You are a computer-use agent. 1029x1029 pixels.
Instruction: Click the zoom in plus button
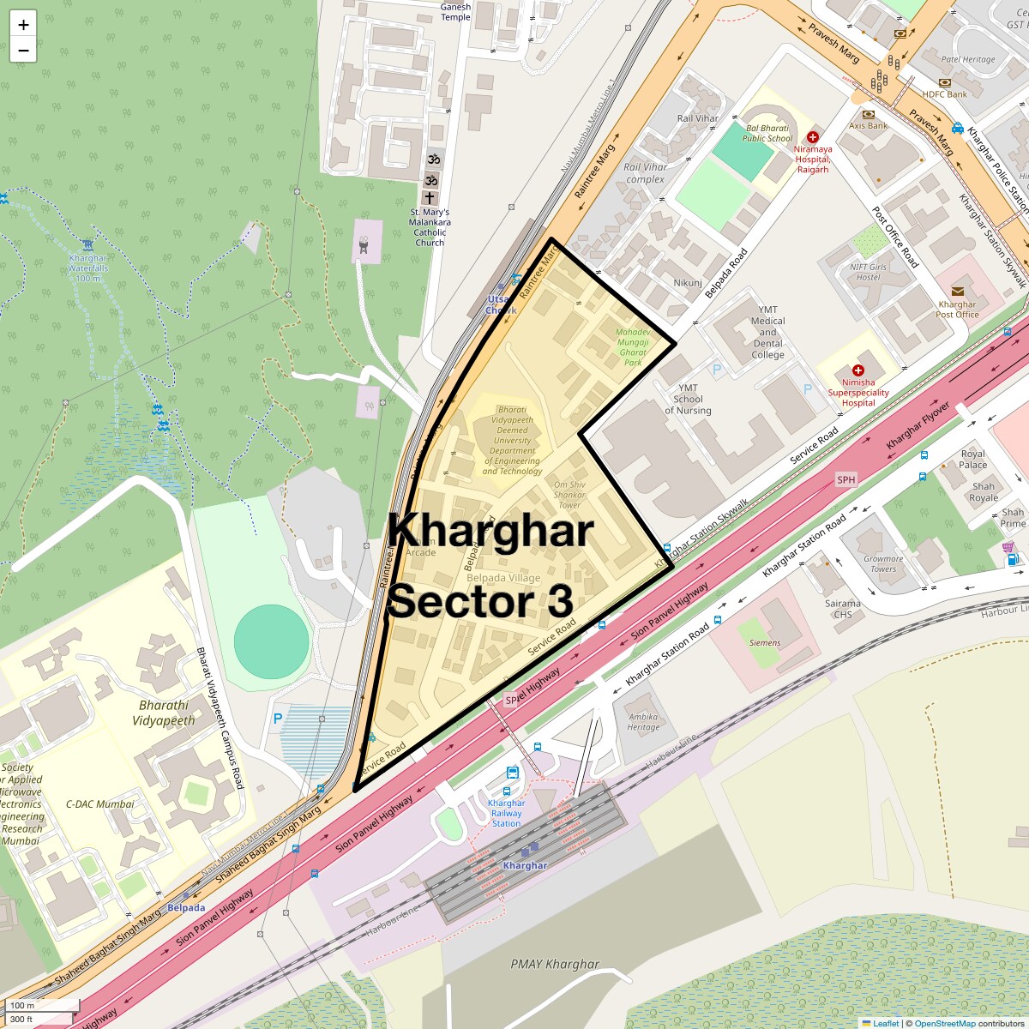[x=23, y=25]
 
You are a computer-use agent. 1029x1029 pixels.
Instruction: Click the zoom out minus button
[x=23, y=51]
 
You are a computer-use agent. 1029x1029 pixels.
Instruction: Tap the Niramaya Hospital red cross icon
[x=813, y=137]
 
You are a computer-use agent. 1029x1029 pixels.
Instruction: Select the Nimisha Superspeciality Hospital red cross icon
[x=857, y=370]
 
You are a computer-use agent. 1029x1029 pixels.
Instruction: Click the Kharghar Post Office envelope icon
[x=957, y=292]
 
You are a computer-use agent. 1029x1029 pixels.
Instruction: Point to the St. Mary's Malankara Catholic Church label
[x=430, y=227]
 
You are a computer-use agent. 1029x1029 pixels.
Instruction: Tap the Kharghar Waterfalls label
[x=88, y=268]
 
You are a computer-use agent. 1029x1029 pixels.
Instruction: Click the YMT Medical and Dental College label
[x=767, y=333]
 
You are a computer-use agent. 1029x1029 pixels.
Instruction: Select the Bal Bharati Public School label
[x=767, y=133]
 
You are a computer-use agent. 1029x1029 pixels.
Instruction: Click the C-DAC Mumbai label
[x=100, y=804]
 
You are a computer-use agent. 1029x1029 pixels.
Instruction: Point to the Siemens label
[x=765, y=642]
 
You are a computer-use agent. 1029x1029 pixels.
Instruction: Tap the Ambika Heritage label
[x=643, y=722]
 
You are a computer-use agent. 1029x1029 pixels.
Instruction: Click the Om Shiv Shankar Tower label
[x=569, y=495]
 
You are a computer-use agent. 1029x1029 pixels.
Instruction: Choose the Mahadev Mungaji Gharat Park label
[x=633, y=347]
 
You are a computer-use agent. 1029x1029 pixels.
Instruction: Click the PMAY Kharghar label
[x=555, y=964]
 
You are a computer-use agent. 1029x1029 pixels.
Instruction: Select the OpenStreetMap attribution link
[x=944, y=1023]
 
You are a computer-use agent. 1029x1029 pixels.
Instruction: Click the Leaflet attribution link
[x=886, y=1023]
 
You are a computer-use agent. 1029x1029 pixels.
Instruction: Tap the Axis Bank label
[x=868, y=125]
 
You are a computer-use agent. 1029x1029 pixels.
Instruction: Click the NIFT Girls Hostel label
[x=868, y=272]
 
